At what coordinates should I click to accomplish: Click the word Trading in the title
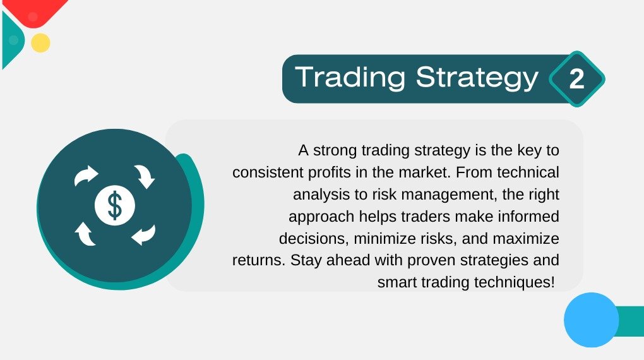point(350,77)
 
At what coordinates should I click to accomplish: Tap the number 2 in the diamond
point(576,79)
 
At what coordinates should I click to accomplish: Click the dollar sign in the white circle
point(114,205)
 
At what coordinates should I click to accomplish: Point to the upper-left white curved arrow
point(86,176)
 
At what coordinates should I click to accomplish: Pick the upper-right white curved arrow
point(145,176)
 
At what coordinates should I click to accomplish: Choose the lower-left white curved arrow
point(85,234)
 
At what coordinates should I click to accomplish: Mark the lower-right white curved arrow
point(144,235)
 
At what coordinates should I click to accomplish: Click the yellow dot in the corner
point(40,43)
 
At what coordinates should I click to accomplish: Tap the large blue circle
point(592,320)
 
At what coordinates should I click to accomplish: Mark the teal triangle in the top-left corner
point(13,40)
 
